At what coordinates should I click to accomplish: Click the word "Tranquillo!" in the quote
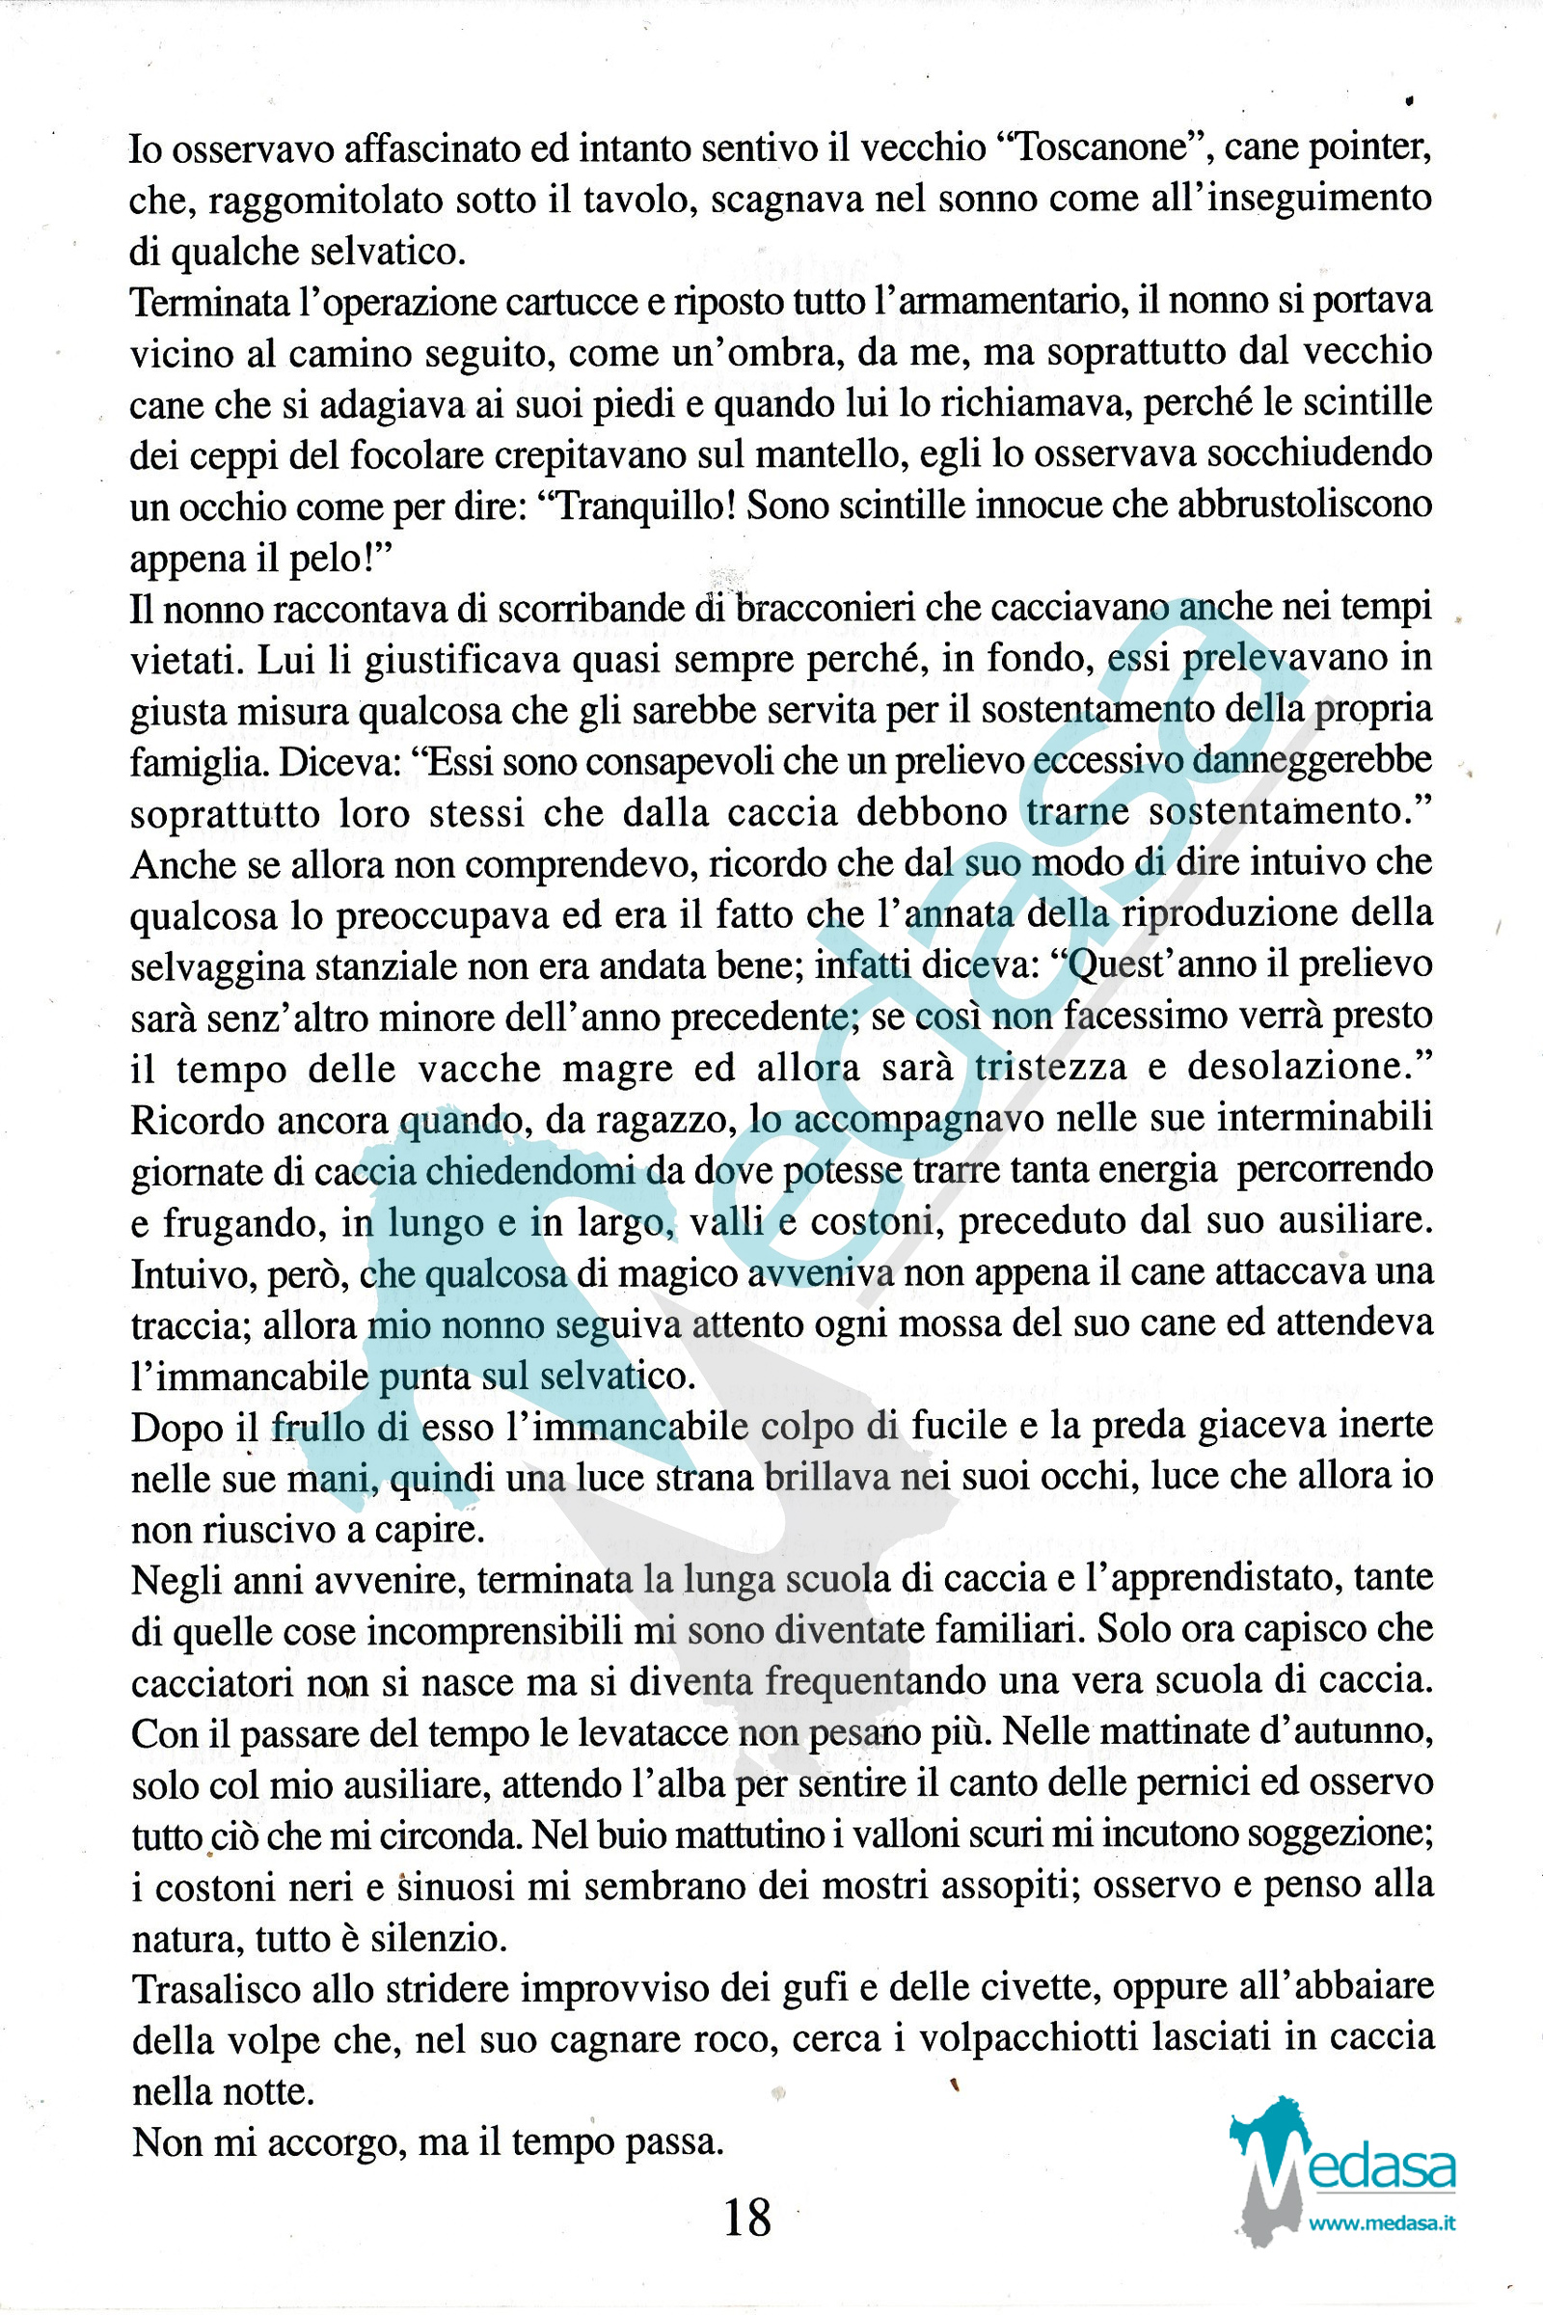[636, 504]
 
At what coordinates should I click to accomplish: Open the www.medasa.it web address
[1382, 2222]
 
